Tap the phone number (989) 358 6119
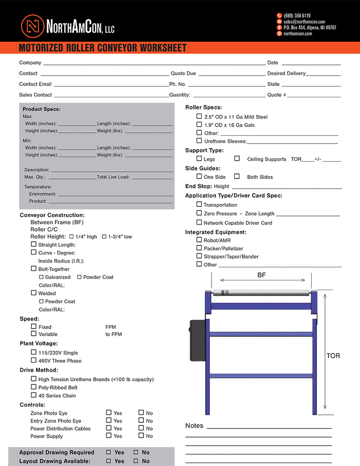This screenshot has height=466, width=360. (x=297, y=16)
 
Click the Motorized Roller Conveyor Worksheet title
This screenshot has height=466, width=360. (x=102, y=48)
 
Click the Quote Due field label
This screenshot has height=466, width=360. (x=183, y=74)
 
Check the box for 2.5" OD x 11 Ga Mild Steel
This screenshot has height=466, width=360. (x=199, y=117)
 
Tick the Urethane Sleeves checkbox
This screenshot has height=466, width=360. (x=199, y=140)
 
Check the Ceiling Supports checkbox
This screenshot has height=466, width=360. (x=237, y=159)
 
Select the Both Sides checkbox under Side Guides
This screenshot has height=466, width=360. (x=237, y=176)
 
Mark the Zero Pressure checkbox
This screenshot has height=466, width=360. (x=199, y=213)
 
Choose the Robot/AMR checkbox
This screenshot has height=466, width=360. (x=199, y=240)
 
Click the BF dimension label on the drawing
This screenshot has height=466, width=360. (x=262, y=275)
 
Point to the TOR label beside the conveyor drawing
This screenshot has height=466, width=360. (x=333, y=356)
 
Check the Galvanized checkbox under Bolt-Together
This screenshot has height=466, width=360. (x=42, y=277)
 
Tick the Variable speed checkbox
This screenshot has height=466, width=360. (x=33, y=334)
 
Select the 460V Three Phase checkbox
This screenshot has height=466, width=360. (x=33, y=361)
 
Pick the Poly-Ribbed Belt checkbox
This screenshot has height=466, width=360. (x=33, y=387)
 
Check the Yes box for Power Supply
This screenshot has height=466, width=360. (x=109, y=436)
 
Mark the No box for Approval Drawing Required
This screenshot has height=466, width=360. (x=136, y=452)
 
